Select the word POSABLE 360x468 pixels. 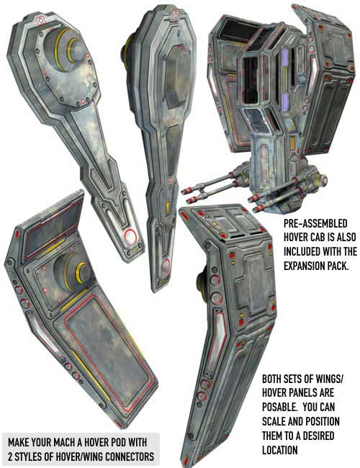point(281,407)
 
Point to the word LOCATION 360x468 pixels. point(279,450)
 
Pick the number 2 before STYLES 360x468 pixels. point(11,456)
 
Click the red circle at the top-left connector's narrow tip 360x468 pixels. point(130,237)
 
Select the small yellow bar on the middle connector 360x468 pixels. point(168,207)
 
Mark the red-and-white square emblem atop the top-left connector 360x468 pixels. point(40,20)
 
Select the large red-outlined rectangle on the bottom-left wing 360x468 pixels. point(108,351)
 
